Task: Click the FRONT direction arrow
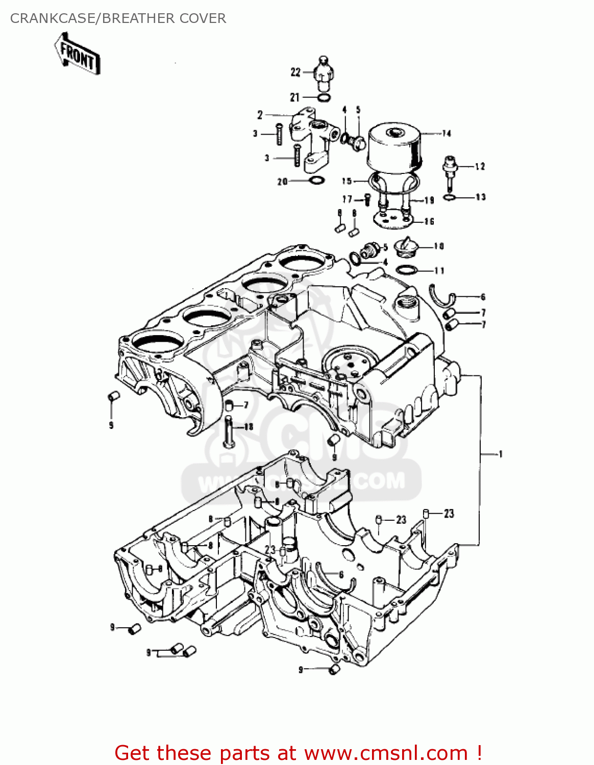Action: pyautogui.click(x=77, y=54)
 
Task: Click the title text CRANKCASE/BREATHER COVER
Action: pyautogui.click(x=118, y=18)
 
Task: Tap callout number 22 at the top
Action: pyautogui.click(x=295, y=72)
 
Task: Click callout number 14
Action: pyautogui.click(x=447, y=134)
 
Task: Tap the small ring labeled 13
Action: pyautogui.click(x=449, y=197)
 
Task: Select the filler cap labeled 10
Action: pyautogui.click(x=407, y=248)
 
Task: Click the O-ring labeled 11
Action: pyautogui.click(x=406, y=270)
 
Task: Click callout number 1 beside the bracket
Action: pyautogui.click(x=500, y=454)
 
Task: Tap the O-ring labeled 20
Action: pyautogui.click(x=316, y=181)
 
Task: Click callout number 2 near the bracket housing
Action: pyautogui.click(x=260, y=115)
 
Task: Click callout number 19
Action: pyautogui.click(x=429, y=200)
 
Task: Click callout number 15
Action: pyautogui.click(x=347, y=181)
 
